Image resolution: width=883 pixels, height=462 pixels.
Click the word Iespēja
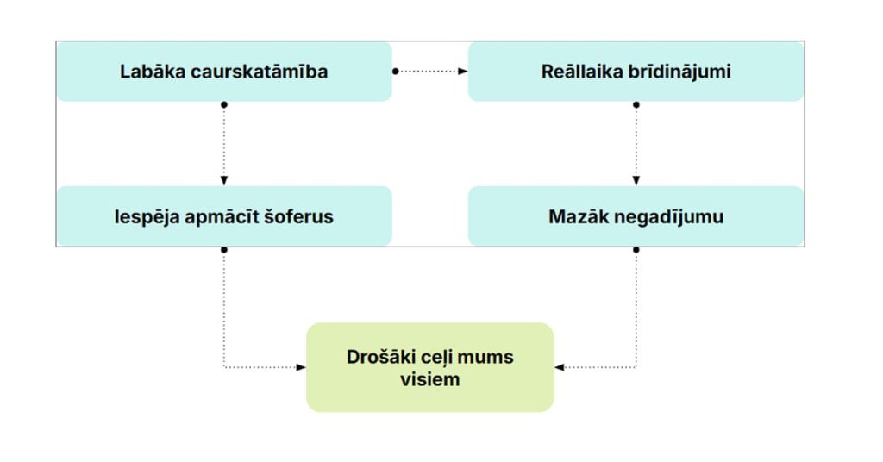146,217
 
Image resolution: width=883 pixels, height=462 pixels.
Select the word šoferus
298,217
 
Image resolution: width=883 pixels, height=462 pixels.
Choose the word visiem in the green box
429,379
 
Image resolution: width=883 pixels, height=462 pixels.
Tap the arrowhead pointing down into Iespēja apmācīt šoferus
224,181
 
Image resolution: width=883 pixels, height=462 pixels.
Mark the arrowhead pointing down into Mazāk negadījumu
636,181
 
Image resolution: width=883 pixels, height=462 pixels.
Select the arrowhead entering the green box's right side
559,367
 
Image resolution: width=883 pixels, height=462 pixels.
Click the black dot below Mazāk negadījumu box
636,250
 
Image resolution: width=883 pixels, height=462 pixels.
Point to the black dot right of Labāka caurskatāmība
396,72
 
